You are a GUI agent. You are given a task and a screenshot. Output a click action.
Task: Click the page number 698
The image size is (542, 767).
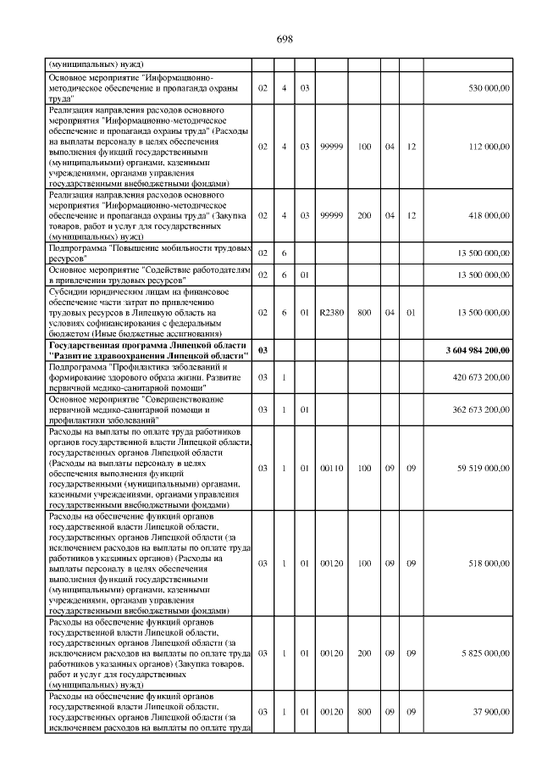click(x=285, y=39)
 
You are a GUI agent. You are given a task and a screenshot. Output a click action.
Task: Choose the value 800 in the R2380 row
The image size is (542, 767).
click(x=365, y=313)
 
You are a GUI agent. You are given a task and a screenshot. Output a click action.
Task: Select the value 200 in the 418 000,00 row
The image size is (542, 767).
click(x=365, y=215)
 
